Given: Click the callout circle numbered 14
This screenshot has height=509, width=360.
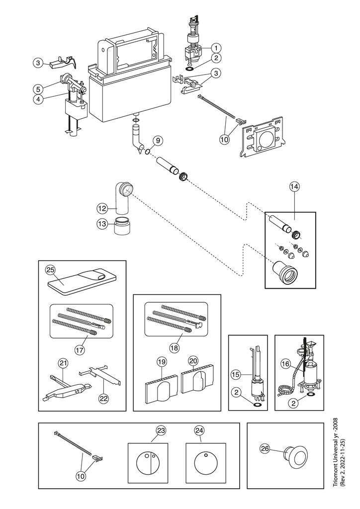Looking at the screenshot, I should click(294, 186).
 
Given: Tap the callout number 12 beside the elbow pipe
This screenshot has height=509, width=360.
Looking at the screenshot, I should click(102, 207).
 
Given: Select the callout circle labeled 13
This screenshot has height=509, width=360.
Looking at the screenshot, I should click(102, 224).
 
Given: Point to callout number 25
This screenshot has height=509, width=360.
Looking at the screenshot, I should click(50, 269).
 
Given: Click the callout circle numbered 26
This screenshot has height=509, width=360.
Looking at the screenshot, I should click(265, 448).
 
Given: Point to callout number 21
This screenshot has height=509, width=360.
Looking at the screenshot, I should click(63, 363).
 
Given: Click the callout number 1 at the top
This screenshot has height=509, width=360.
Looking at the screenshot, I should click(216, 48).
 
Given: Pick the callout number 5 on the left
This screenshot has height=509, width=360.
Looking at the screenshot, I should click(38, 89).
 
